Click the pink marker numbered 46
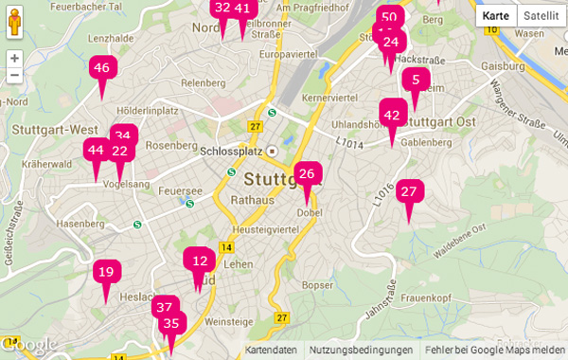point(101,68)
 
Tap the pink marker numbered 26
point(307,174)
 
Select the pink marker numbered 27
point(409,192)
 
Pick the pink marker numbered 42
point(392,116)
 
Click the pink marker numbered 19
point(106,273)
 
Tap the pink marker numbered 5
point(416,81)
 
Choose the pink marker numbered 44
point(96,151)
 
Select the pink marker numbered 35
point(171,324)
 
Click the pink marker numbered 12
point(199,261)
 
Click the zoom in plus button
point(14,58)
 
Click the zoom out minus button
point(14,76)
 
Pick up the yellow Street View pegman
point(14,24)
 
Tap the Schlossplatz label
point(229,150)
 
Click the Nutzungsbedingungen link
point(361,351)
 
